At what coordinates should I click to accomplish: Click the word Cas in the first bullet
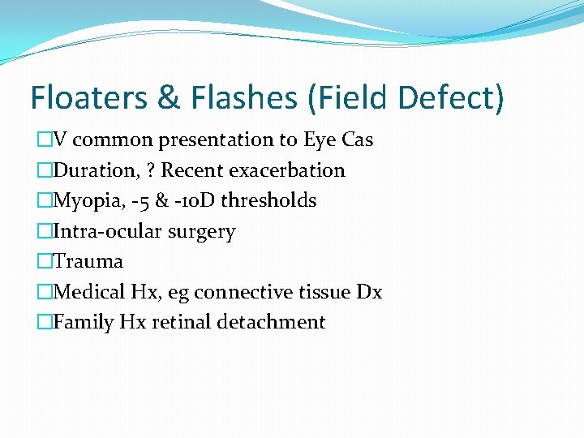357,140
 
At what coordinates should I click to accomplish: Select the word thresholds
273,200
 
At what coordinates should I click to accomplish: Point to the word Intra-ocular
108,231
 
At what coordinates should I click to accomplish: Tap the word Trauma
88,261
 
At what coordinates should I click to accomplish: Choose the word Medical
86,292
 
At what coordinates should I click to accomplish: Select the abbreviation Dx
369,292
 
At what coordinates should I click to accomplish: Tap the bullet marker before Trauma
43,261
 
